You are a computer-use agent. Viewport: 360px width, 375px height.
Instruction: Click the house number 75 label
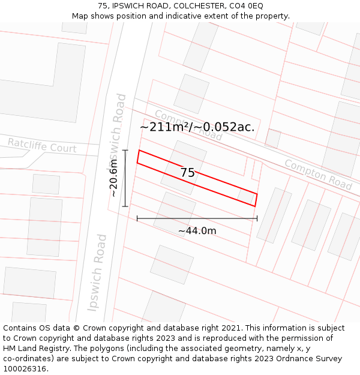point(188,173)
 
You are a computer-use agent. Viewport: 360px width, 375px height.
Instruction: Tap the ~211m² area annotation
point(164,127)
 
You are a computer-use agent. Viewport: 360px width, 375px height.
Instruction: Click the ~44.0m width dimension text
point(197,230)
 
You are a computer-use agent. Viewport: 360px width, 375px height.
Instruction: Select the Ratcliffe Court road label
point(42,145)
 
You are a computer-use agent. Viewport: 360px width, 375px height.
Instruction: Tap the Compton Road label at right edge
point(318,174)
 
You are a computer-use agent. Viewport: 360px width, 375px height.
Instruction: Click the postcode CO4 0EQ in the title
point(247,5)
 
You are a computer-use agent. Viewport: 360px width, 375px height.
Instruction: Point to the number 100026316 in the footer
point(23,369)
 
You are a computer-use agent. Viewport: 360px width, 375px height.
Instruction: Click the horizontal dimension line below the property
point(197,218)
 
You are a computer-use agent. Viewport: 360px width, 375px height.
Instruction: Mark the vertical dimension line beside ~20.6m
point(125,178)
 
